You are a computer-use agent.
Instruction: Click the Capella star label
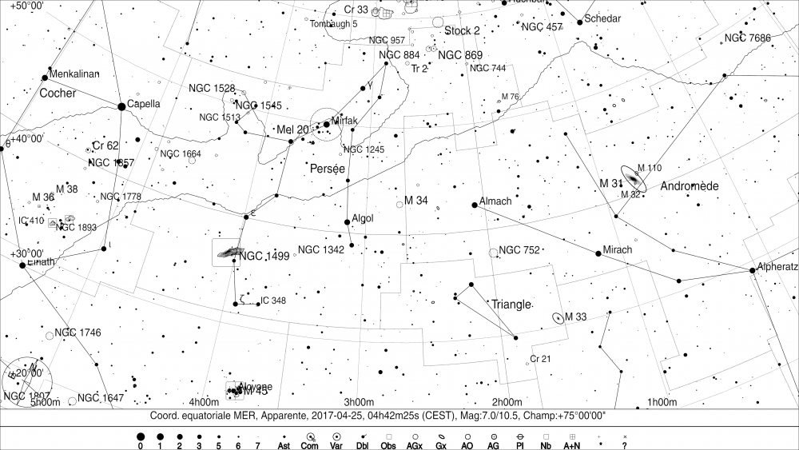click(144, 104)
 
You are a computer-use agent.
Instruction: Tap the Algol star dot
click(347, 222)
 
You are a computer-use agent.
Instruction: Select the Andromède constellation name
click(690, 185)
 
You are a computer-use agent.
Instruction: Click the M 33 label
click(576, 317)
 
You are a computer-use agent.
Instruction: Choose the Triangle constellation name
click(511, 305)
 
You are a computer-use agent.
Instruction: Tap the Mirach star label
click(618, 249)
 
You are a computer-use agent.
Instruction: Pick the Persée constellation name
click(327, 169)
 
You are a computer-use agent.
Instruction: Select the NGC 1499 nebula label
click(264, 256)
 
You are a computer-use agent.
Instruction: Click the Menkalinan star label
click(74, 74)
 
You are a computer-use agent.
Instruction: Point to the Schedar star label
click(602, 18)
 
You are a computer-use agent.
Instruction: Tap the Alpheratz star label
click(777, 266)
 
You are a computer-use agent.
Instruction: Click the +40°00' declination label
click(26, 138)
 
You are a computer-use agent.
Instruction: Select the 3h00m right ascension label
click(359, 401)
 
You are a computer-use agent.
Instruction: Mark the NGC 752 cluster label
click(520, 249)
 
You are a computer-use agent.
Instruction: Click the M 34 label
click(417, 200)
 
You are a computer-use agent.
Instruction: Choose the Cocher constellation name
click(58, 94)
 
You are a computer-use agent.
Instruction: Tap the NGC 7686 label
click(747, 38)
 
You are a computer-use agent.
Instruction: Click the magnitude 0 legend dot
click(141, 437)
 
